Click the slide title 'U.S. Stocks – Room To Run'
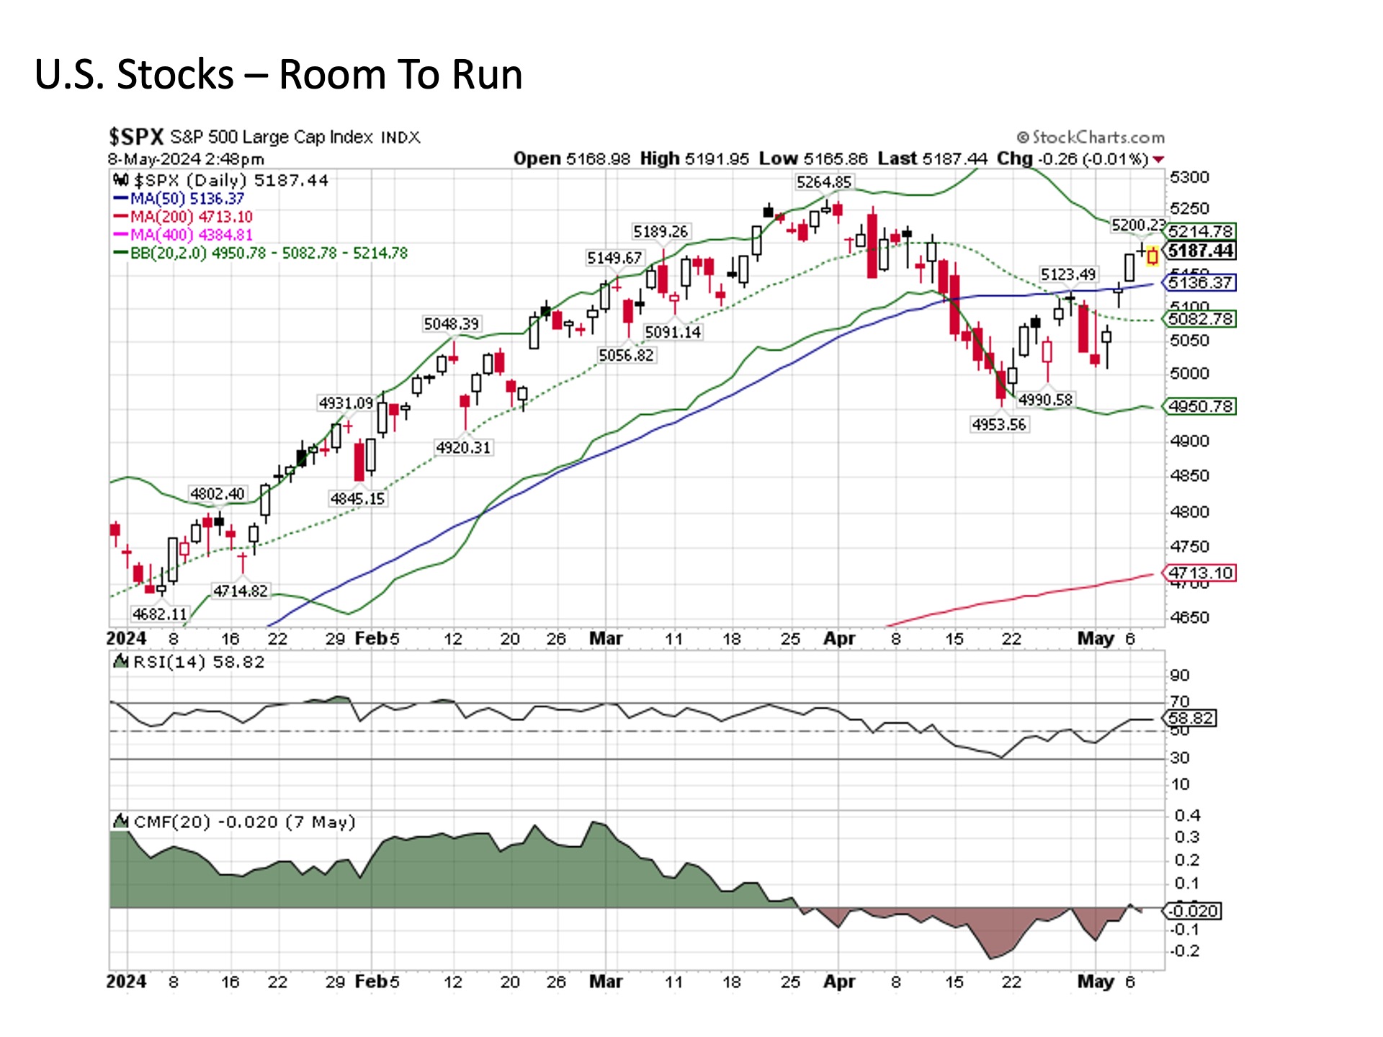pos(278,75)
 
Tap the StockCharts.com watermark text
pos(1091,137)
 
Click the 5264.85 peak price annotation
pos(823,182)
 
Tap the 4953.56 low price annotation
pos(998,424)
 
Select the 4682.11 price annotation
pos(159,614)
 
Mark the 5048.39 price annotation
pos(451,324)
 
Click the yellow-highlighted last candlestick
pos(1152,256)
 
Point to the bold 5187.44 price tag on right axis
pos(1201,251)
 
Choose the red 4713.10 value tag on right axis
pos(1200,573)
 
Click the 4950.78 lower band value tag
pos(1201,406)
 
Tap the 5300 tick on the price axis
pos(1189,177)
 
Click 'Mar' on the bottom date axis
pos(606,982)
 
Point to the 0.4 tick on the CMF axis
pos(1187,815)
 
